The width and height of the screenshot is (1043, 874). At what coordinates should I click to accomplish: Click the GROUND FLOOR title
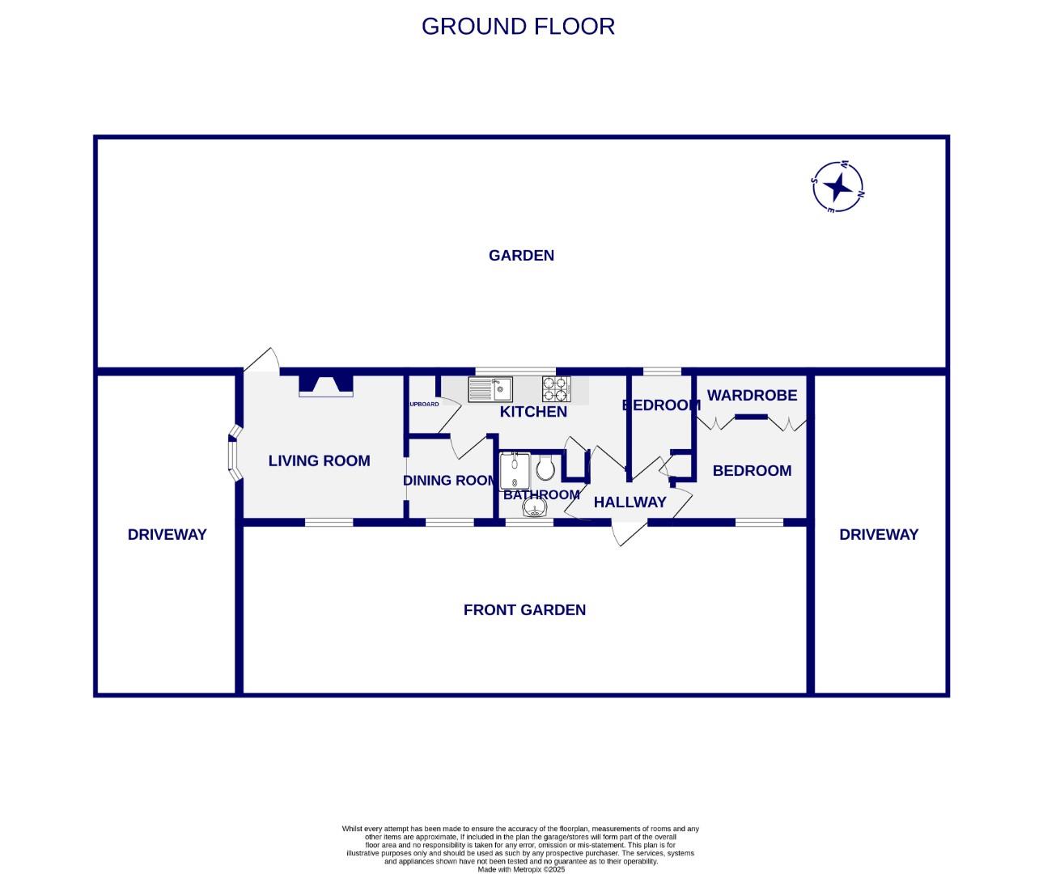point(518,26)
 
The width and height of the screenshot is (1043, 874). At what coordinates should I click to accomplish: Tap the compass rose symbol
point(837,187)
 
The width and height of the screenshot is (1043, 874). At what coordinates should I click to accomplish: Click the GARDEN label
point(521,256)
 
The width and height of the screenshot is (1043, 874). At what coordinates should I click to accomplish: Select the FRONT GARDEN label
point(524,610)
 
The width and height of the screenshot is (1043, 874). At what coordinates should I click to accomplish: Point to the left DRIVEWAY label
point(167,535)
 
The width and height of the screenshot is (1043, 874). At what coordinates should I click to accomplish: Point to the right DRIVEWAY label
point(879,535)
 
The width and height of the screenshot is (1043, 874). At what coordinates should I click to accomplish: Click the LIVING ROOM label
point(319,461)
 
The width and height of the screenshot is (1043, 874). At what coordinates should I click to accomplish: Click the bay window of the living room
point(232,456)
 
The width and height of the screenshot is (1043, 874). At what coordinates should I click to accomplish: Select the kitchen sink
point(490,390)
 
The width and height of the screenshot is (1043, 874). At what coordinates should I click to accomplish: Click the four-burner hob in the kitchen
point(555,389)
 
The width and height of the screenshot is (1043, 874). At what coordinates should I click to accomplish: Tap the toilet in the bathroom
point(545,468)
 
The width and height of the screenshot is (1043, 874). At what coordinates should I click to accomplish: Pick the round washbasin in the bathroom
point(534,507)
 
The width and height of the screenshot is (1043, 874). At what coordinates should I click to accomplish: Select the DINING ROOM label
point(450,481)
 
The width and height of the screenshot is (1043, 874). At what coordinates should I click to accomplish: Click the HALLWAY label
point(630,503)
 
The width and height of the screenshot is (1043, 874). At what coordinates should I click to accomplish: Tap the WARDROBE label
point(752,396)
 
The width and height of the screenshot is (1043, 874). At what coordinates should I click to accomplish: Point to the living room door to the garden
point(261,361)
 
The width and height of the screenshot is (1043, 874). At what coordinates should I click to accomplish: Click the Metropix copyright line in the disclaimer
point(520,869)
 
